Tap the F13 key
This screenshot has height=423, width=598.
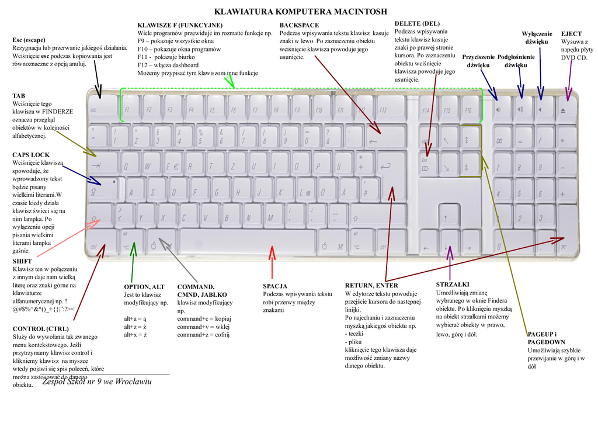[385, 109]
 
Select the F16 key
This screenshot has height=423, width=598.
[468, 109]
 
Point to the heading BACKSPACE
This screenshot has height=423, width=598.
[299, 25]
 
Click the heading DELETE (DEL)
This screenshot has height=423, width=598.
[417, 23]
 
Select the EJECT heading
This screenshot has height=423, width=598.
[571, 34]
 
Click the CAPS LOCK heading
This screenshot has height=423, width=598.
[31, 155]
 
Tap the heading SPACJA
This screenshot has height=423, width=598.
[275, 286]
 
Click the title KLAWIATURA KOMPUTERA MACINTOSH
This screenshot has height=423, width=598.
[301, 11]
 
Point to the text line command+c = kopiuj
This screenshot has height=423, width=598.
[204, 319]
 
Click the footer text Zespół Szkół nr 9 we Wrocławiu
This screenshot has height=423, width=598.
[97, 382]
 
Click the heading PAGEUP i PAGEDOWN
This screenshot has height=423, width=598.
[546, 338]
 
